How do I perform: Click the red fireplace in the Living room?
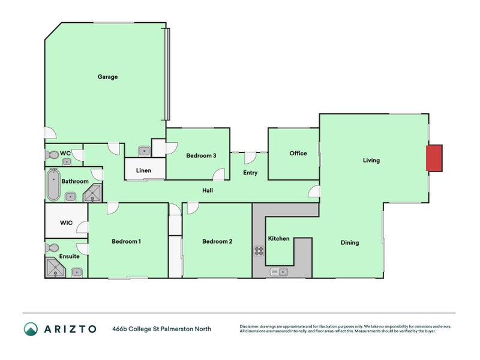coord(434,158)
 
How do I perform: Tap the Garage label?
coord(108,77)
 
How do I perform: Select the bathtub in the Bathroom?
coord(53,185)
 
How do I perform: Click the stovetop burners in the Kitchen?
coord(259,251)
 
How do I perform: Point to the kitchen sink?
coord(278,272)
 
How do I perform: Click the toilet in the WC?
coord(52,155)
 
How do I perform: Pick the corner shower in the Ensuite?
coord(55,268)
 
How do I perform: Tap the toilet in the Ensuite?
coord(52,247)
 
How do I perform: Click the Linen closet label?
coord(143,170)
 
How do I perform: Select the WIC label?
coord(67,223)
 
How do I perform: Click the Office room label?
coord(298,153)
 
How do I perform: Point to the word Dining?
coord(350,243)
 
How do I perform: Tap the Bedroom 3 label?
coord(201,155)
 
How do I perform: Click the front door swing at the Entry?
coord(250,158)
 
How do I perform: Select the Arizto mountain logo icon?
coord(31,329)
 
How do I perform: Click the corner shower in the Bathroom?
coord(93,193)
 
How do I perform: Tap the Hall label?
coord(208,190)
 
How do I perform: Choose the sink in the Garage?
coord(144,151)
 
